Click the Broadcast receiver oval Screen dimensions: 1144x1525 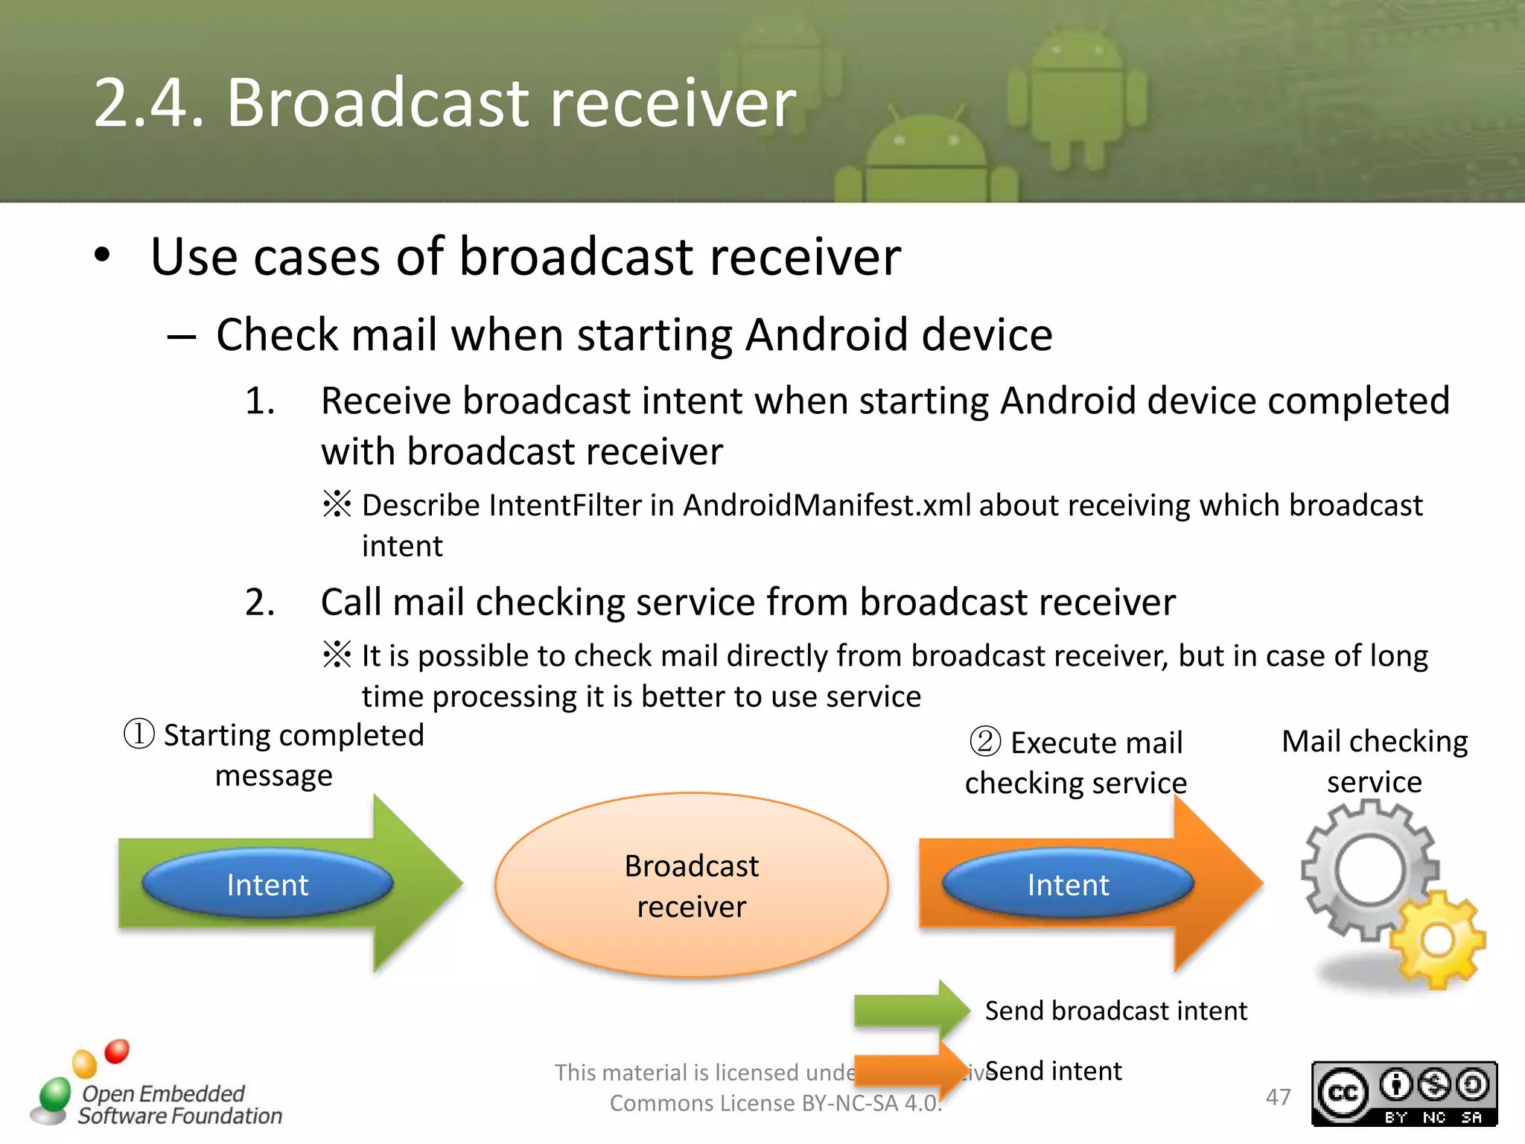tap(691, 885)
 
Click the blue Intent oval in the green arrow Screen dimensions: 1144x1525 tap(267, 885)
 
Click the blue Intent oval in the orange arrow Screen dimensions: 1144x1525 tap(1068, 885)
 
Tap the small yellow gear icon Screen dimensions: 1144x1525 tap(1437, 940)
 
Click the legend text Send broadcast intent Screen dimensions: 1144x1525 tap(1115, 1011)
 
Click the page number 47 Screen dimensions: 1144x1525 tap(1278, 1097)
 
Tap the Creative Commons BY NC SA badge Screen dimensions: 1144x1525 tap(1404, 1093)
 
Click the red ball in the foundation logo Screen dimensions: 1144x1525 tap(117, 1051)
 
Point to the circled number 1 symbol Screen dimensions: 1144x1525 tap(139, 734)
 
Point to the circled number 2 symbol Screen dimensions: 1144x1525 tap(985, 742)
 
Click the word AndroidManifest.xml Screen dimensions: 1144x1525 tap(827, 505)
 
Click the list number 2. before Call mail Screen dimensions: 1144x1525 tap(260, 602)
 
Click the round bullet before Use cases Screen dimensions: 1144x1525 tap(102, 255)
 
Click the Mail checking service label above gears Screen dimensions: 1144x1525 tap(1374, 761)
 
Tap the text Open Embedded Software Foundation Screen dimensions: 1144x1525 tap(179, 1105)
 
